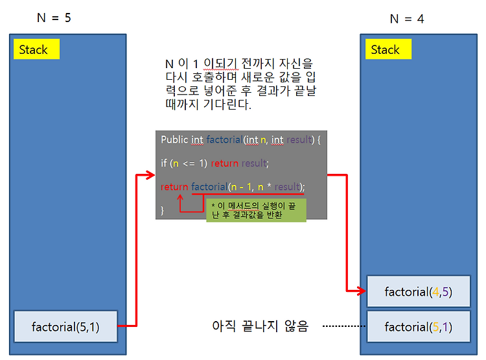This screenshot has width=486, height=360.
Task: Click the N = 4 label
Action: coord(406,19)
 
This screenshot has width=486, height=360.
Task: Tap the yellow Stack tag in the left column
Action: coord(36,49)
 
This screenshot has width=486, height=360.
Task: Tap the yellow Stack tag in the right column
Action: coord(387,49)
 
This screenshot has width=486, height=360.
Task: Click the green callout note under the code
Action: coord(255,210)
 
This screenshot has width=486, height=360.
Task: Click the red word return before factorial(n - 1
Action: coord(174,187)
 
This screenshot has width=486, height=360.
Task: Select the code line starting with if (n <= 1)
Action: coord(214,163)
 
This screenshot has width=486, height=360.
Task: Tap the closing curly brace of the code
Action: coord(163,210)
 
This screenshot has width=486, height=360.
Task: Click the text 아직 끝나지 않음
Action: coord(260,326)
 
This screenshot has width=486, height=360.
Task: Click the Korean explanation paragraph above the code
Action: coord(240,84)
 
